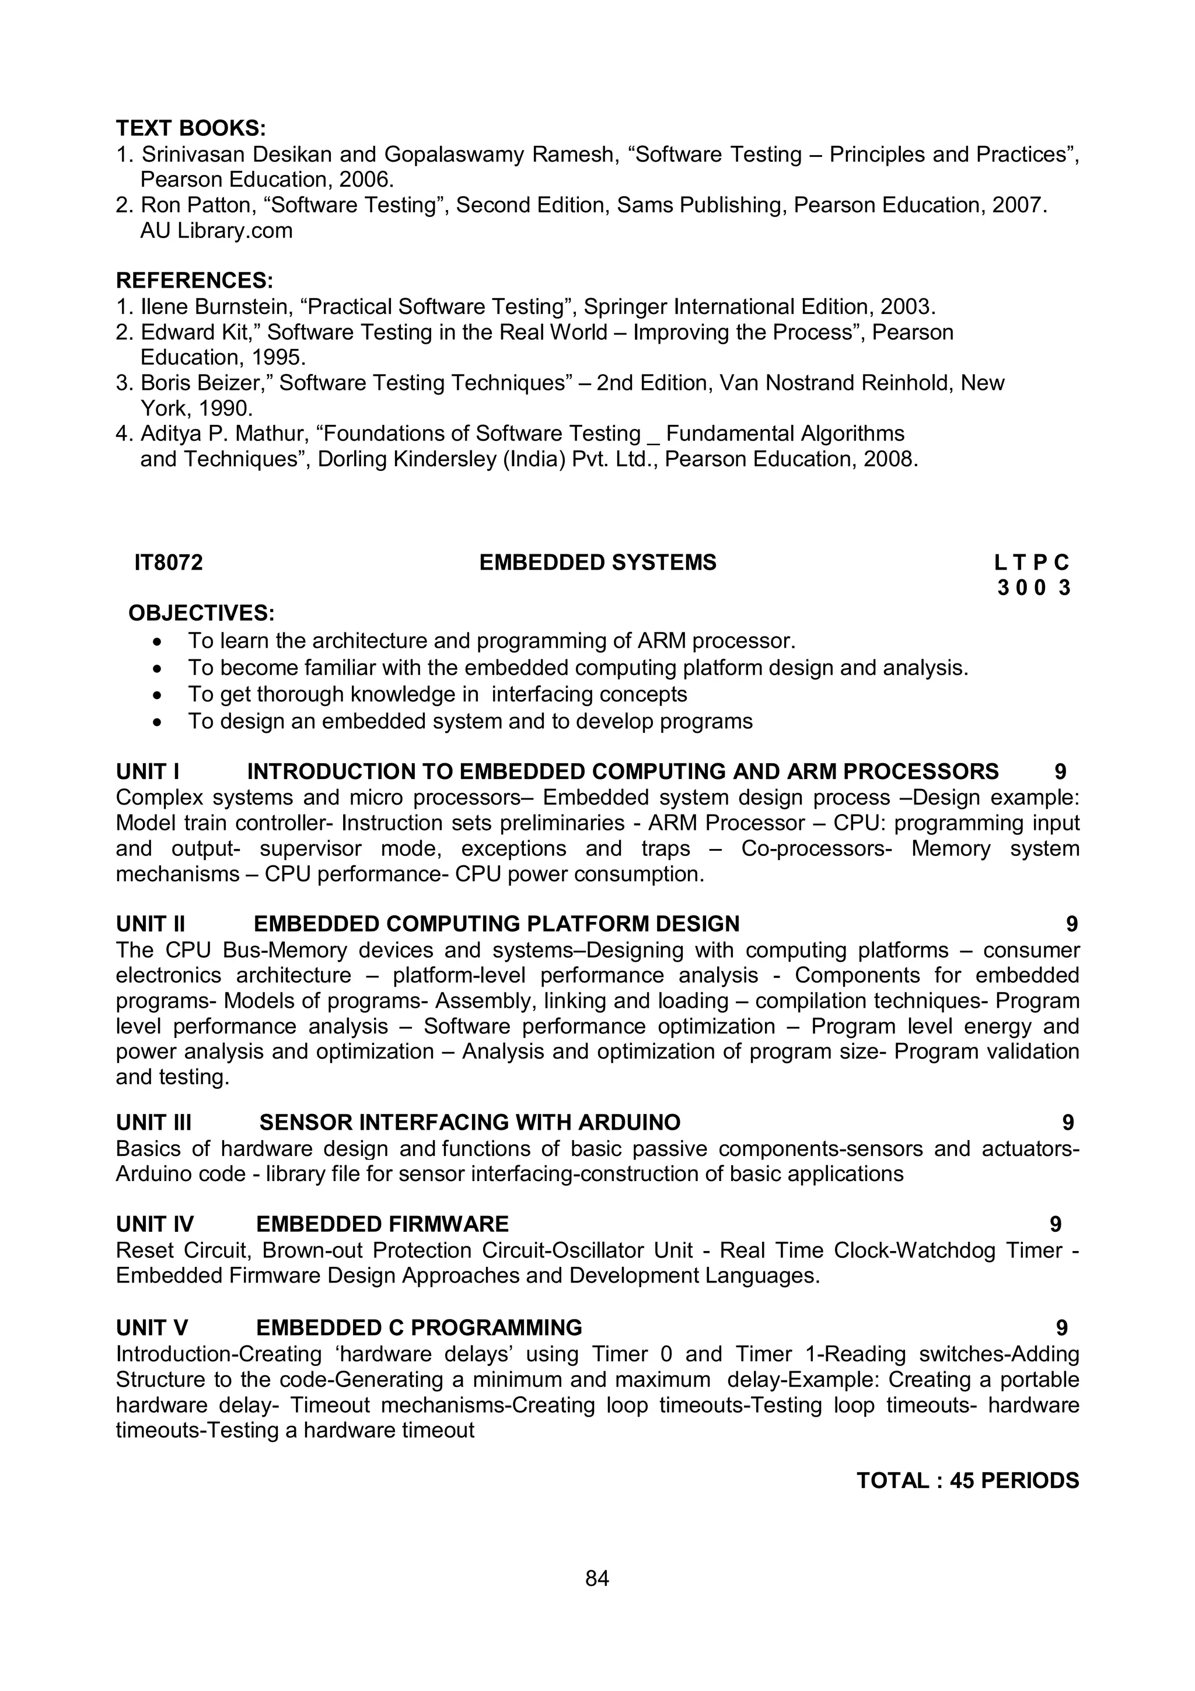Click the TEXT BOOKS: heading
click(x=191, y=128)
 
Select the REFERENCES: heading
click(x=194, y=281)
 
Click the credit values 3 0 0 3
click(x=1033, y=588)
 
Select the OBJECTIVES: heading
click(x=201, y=613)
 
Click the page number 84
click(x=597, y=1578)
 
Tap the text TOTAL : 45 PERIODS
click(x=967, y=1480)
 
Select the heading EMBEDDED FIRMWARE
click(x=382, y=1224)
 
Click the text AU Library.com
click(x=216, y=230)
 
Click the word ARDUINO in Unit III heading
click(x=630, y=1123)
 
